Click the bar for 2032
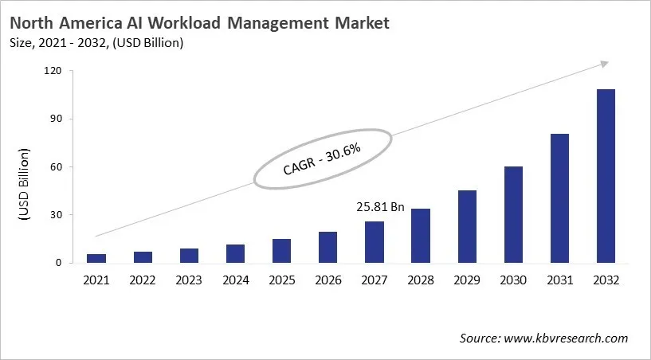605,176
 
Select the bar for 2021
96,258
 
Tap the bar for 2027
374,242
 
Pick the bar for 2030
512,214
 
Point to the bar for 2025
281,251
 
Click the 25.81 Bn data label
381,207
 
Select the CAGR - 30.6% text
322,159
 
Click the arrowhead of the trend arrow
604,63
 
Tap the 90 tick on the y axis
55,119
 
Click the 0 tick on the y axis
58,263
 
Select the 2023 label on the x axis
189,280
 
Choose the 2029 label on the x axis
466,280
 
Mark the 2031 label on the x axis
559,280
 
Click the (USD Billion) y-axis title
24,185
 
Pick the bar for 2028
420,236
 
